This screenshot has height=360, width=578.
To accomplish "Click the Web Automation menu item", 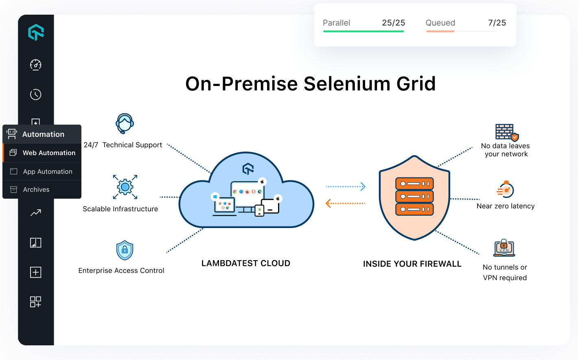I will tap(49, 153).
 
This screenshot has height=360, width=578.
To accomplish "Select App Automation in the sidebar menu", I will tap(47, 171).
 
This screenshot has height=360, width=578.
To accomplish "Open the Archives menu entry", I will tap(36, 189).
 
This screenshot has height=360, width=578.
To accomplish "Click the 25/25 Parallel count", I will tap(393, 23).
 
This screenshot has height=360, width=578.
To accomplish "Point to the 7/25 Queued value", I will tap(497, 23).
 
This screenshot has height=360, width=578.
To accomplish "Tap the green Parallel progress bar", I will tap(363, 31).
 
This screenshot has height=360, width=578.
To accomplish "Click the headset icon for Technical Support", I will tap(125, 123).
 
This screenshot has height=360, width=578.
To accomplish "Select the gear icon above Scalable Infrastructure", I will tap(125, 187).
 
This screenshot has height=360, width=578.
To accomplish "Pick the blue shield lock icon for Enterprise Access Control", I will tap(125, 250).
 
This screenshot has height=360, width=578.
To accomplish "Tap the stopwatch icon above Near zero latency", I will tap(506, 189).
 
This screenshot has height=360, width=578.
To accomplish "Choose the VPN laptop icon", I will tap(504, 248).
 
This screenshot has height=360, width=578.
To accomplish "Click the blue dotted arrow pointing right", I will tap(346, 187).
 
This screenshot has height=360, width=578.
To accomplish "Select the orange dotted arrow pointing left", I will tap(346, 203).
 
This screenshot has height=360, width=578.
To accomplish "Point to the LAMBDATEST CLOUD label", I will tap(246, 263).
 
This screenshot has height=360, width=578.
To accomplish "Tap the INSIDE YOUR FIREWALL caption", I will tap(412, 264).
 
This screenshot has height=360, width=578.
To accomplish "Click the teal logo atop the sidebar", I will tap(36, 32).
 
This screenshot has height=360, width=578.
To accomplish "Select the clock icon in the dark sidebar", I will tap(36, 94).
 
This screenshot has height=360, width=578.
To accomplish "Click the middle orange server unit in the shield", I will tap(414, 196).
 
